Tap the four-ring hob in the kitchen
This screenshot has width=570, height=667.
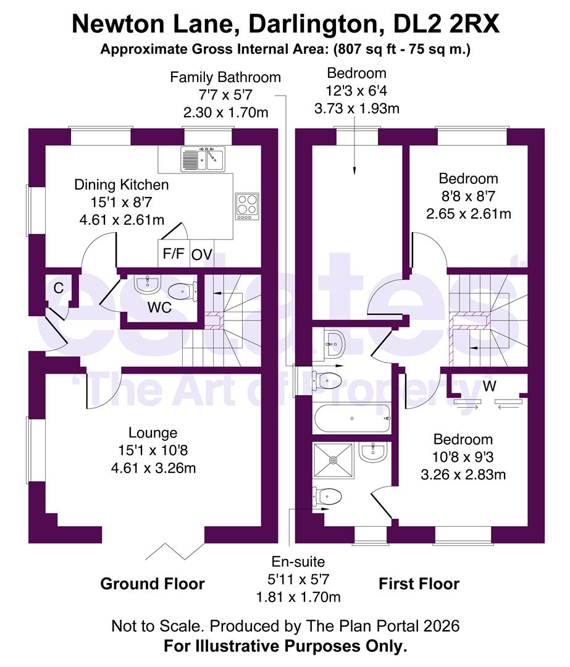tap(246, 206)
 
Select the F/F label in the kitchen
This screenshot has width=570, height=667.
tap(173, 254)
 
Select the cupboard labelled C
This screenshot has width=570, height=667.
tap(59, 288)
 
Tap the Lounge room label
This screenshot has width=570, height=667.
tap(153, 433)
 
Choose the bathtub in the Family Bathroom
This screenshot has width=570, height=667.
tap(353, 419)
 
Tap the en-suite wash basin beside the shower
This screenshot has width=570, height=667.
tap(374, 452)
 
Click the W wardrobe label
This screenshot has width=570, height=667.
tap(489, 387)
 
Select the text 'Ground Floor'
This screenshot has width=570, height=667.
tap(152, 583)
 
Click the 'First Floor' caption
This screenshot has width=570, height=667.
tap(419, 584)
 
